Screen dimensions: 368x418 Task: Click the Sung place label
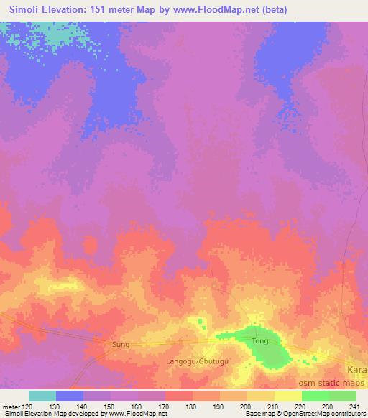pos(121,345)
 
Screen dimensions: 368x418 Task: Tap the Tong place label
pos(259,341)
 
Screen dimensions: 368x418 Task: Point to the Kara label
pos(357,368)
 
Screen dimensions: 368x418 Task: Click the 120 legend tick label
pos(28,406)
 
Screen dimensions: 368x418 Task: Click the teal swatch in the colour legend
pos(42,396)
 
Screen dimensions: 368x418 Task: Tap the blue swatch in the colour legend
pos(70,396)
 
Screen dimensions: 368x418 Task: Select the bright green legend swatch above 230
pos(315,396)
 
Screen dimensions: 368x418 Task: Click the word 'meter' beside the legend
pos(11,406)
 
